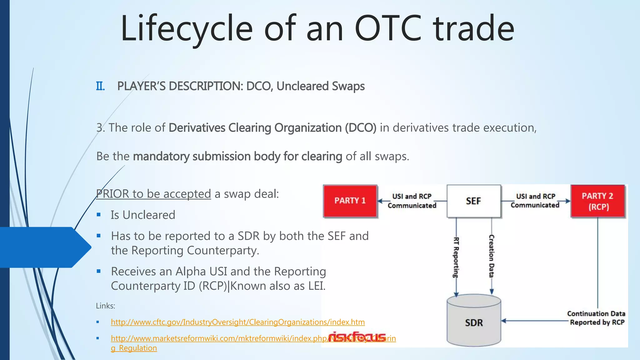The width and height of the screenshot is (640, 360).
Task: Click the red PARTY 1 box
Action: pyautogui.click(x=350, y=201)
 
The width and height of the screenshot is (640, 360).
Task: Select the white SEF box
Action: pyautogui.click(x=473, y=201)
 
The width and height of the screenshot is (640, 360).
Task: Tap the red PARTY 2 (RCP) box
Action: pyautogui.click(x=598, y=201)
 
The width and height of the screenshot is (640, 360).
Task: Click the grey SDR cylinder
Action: pyautogui.click(x=474, y=322)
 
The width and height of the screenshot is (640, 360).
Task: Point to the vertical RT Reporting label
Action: pyautogui.click(x=456, y=257)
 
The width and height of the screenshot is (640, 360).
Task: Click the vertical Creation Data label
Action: pyautogui.click(x=491, y=256)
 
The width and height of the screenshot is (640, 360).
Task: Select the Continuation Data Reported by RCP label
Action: pyautogui.click(x=596, y=318)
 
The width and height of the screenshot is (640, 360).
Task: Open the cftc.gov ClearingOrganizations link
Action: pyautogui.click(x=237, y=322)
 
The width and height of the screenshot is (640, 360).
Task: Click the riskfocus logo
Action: pyautogui.click(x=357, y=337)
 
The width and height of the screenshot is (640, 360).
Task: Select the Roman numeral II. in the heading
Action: pyautogui.click(x=100, y=86)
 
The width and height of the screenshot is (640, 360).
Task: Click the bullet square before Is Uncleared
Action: pyautogui.click(x=99, y=215)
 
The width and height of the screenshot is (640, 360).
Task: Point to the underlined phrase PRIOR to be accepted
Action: pyautogui.click(x=153, y=194)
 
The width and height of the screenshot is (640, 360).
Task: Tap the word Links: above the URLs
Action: pyautogui.click(x=105, y=306)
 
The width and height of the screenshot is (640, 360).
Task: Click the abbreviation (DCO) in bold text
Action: pyautogui.click(x=361, y=128)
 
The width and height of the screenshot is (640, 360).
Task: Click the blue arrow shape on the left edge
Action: pyautogui.click(x=44, y=247)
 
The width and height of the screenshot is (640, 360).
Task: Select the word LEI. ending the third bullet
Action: pyautogui.click(x=317, y=286)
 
